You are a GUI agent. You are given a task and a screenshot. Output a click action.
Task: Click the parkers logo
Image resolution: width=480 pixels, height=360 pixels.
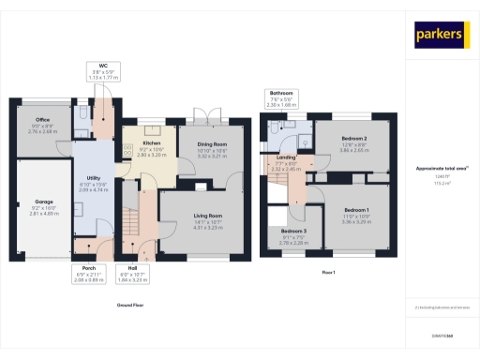[x=441, y=35]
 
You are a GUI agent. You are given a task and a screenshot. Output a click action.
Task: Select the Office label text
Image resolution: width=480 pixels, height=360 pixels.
[x=43, y=119]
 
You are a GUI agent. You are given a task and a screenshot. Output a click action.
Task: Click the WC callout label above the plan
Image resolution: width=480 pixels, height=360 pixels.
[x=104, y=67]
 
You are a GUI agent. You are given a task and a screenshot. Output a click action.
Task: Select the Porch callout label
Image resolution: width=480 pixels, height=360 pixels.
[x=83, y=268]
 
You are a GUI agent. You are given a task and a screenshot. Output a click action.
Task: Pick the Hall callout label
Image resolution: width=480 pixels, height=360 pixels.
[x=130, y=268]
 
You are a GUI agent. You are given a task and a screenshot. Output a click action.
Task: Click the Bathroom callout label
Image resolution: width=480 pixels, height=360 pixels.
[x=281, y=94]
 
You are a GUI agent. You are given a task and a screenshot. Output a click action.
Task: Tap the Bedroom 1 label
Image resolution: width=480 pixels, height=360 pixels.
[x=357, y=209]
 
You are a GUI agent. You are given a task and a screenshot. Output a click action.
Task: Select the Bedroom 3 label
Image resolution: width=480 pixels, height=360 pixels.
[x=292, y=231]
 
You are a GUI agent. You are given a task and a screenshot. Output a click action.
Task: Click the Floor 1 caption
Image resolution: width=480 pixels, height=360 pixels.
[x=328, y=272]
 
